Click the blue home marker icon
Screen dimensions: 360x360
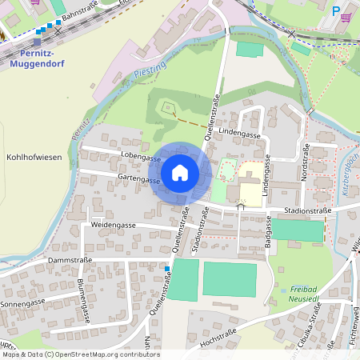[x=180, y=172]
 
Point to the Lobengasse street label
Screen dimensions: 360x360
[x=141, y=158]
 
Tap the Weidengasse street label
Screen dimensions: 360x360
[x=114, y=226]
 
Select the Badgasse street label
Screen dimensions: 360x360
[x=267, y=238]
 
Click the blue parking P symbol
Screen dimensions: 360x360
[x=334, y=10]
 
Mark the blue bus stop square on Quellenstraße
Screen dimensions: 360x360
[x=167, y=268]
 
